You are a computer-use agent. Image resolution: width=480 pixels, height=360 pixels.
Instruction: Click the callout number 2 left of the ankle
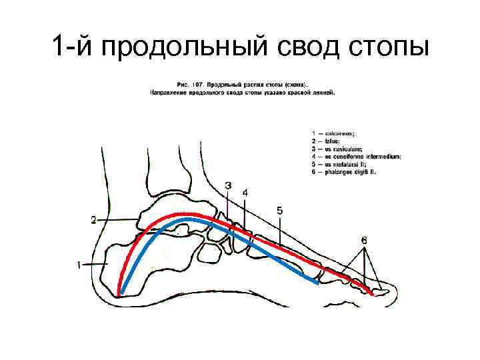[x=94, y=219]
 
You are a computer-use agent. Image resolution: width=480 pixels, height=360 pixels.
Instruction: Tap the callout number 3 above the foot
[x=229, y=185]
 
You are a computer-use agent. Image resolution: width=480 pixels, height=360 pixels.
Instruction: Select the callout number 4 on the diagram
[x=245, y=192]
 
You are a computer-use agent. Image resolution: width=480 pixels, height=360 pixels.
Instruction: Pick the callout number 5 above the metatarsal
[x=279, y=211]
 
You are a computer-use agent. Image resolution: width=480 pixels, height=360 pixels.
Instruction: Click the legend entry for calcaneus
[x=340, y=135]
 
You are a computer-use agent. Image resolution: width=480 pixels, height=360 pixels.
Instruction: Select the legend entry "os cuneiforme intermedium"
[x=357, y=157]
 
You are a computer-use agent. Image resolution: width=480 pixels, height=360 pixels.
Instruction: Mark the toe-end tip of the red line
[x=371, y=291]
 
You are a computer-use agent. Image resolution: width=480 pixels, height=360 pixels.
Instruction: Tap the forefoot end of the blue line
[x=317, y=283]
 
